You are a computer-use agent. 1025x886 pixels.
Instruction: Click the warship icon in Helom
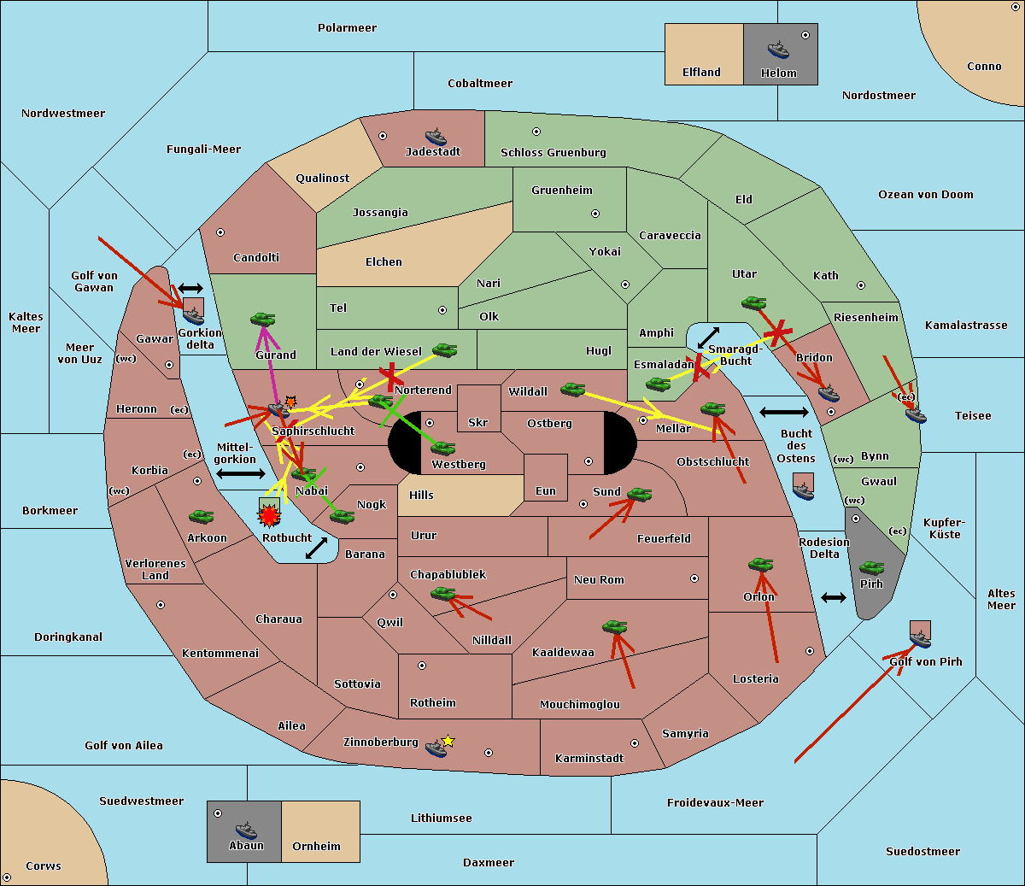point(778,50)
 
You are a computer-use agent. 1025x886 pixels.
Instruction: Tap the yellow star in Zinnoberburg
point(448,741)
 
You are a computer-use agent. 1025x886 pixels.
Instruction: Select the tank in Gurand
point(262,319)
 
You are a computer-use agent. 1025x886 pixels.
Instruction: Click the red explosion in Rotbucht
point(269,516)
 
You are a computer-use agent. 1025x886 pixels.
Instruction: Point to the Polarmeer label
point(347,28)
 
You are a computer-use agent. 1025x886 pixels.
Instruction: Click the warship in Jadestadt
point(436,137)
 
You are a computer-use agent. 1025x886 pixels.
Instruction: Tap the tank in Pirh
point(871,567)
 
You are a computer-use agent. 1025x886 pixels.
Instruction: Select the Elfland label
point(701,73)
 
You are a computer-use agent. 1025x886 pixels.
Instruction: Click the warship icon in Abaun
point(246,830)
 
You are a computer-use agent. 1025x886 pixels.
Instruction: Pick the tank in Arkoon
point(201,517)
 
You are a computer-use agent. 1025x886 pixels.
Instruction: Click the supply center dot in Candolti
point(220,232)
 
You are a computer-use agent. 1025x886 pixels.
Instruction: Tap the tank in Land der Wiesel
point(444,349)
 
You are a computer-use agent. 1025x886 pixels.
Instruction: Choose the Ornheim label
point(316,847)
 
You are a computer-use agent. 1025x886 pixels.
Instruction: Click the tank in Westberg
point(442,448)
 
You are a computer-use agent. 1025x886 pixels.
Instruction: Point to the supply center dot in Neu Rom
point(694,578)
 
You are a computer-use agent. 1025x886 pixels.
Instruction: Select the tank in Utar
point(753,302)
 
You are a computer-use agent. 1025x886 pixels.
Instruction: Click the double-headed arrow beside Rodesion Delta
point(834,598)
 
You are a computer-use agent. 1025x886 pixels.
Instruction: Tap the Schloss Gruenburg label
point(553,153)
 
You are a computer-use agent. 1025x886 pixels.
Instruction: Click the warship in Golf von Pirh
point(921,639)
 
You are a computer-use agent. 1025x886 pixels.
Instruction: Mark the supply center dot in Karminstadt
point(635,743)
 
